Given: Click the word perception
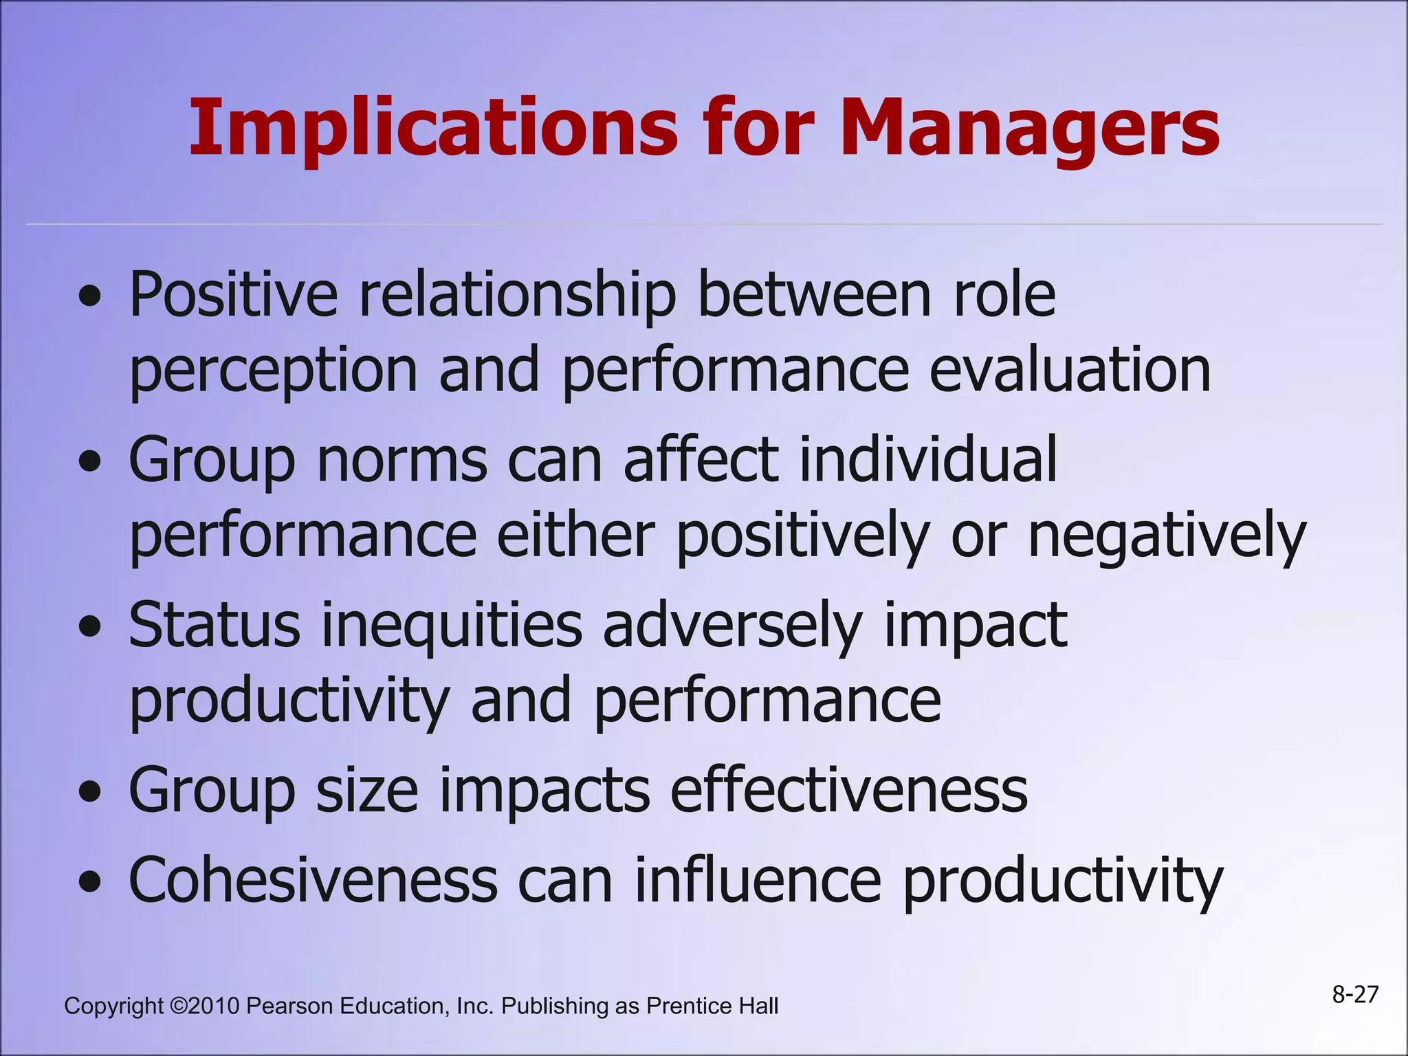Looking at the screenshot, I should pos(274,371).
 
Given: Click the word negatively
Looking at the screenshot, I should pos(1167,536).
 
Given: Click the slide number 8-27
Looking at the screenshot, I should pos(1355,994).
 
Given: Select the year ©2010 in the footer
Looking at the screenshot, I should pos(204,1006).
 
